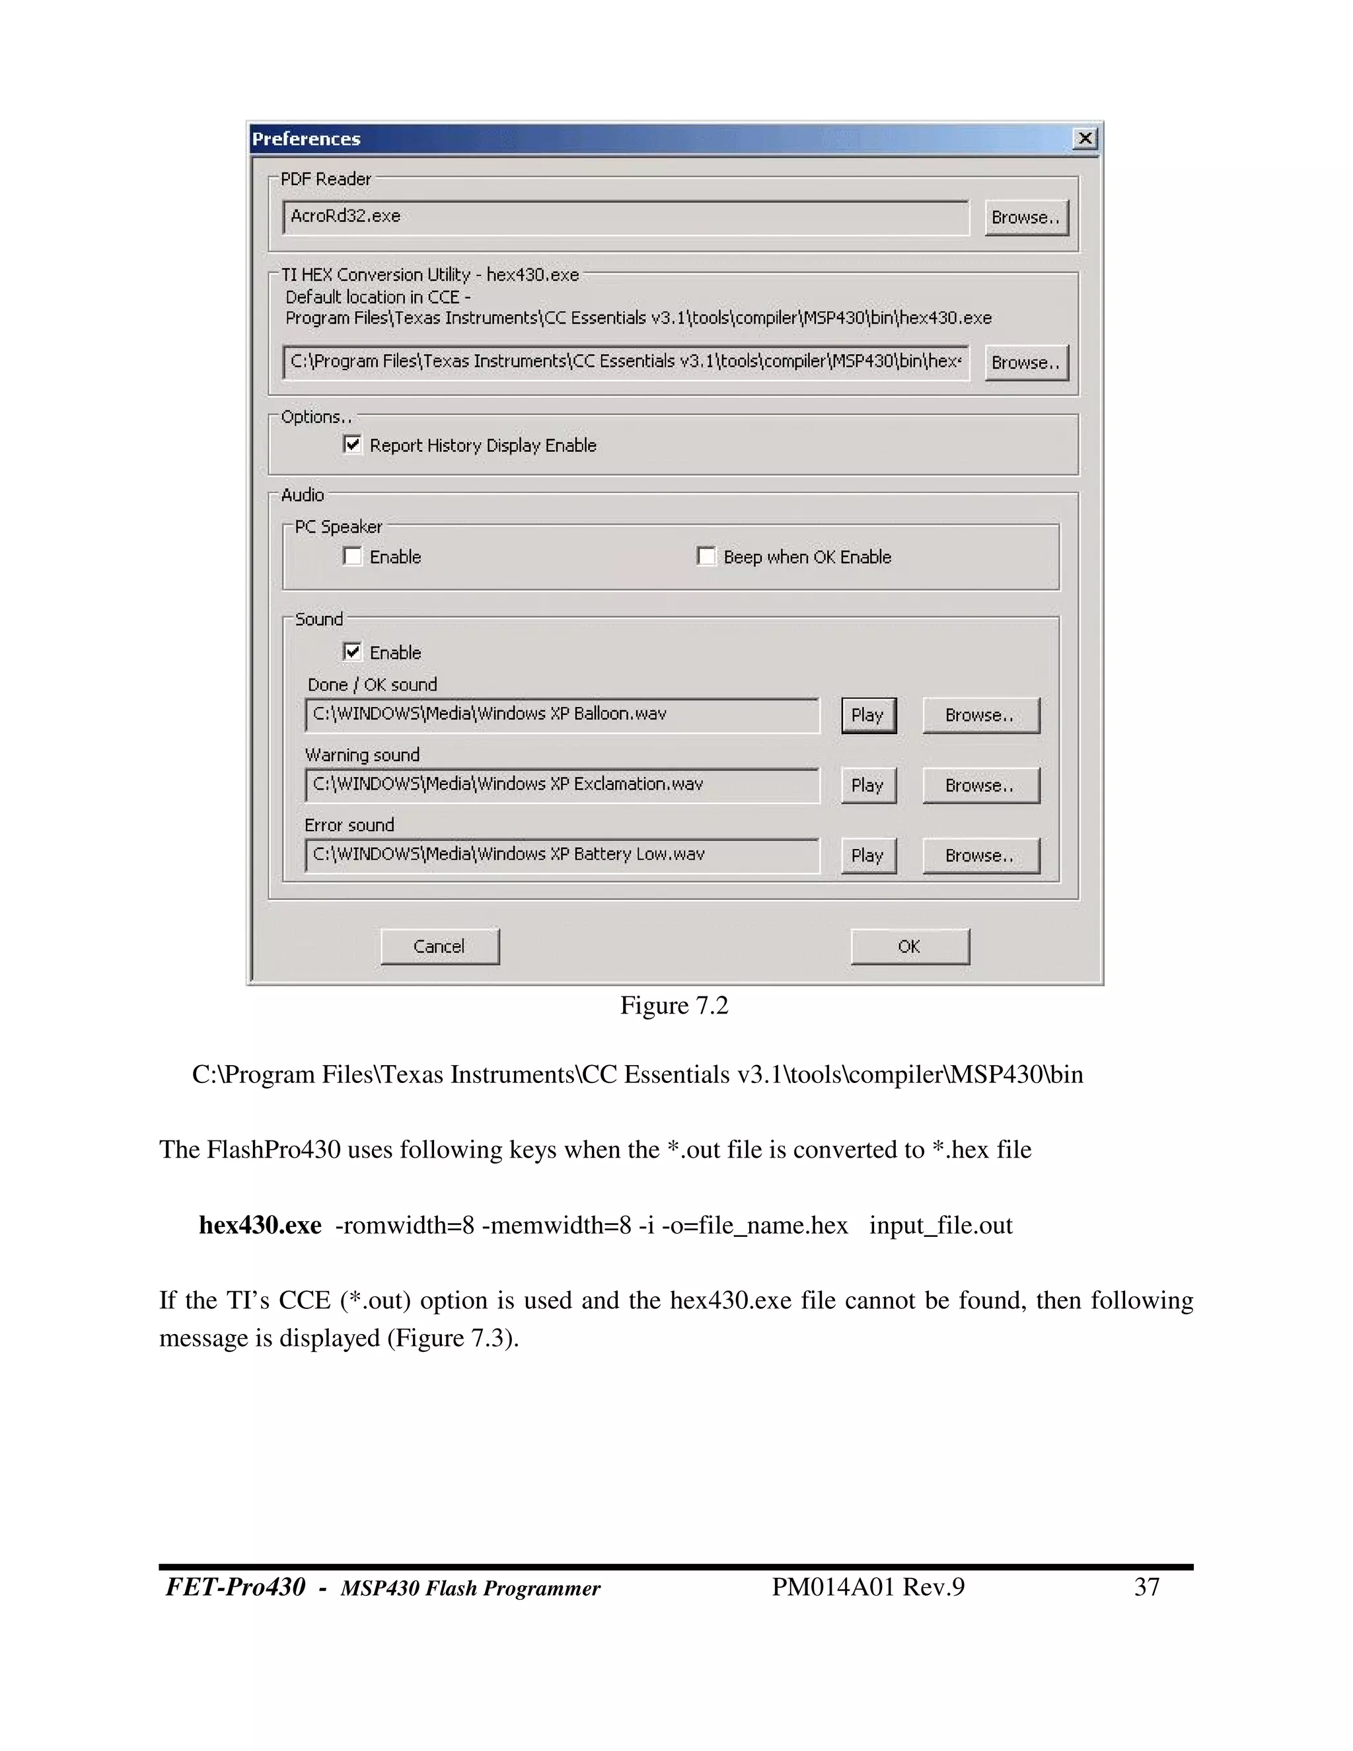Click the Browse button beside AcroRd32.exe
point(1026,217)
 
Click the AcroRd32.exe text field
point(625,217)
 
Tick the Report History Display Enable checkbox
point(353,444)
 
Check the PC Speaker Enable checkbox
point(353,556)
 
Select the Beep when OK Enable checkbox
point(706,556)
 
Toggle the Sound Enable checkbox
point(353,651)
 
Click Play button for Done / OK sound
point(867,715)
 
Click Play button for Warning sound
point(867,786)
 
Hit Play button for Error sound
point(867,856)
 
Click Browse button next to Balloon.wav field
point(980,715)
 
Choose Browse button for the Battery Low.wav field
point(980,856)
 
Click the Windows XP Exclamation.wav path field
point(561,785)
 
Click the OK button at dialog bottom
point(909,946)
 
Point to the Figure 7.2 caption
point(674,1006)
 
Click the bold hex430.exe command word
point(260,1226)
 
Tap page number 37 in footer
point(1147,1586)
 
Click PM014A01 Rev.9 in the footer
point(867,1586)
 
